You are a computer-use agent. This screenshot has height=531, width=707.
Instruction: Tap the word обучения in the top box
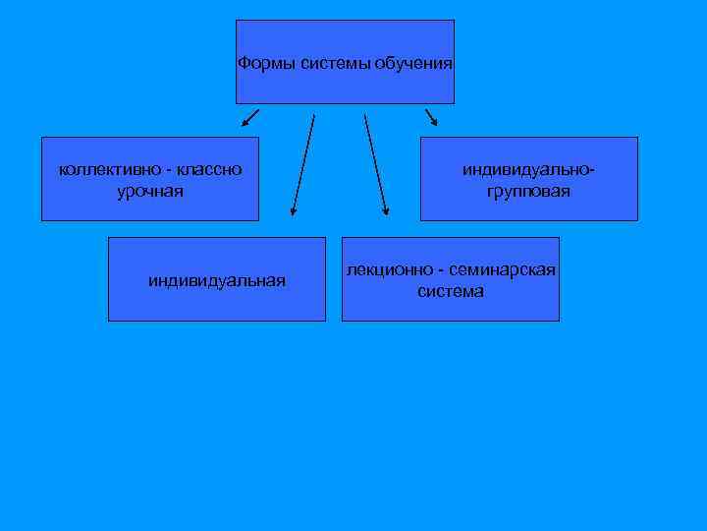tap(413, 64)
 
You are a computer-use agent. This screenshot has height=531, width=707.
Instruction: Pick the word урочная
tap(149, 191)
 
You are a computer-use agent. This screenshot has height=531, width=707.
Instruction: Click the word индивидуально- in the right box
tap(528, 170)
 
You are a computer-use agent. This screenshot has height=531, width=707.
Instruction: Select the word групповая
tap(528, 191)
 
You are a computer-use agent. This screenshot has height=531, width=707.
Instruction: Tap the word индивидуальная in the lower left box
tap(217, 281)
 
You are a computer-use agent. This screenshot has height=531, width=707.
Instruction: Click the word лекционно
tap(387, 270)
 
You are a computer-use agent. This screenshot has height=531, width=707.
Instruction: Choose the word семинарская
tap(502, 270)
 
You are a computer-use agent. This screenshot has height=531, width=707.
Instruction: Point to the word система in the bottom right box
tap(451, 292)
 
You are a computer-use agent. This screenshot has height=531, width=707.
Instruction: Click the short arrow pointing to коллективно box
tap(249, 120)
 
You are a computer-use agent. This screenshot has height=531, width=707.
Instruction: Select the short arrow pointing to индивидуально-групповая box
tap(431, 118)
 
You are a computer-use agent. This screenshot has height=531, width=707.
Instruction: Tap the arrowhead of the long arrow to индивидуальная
tap(293, 209)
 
